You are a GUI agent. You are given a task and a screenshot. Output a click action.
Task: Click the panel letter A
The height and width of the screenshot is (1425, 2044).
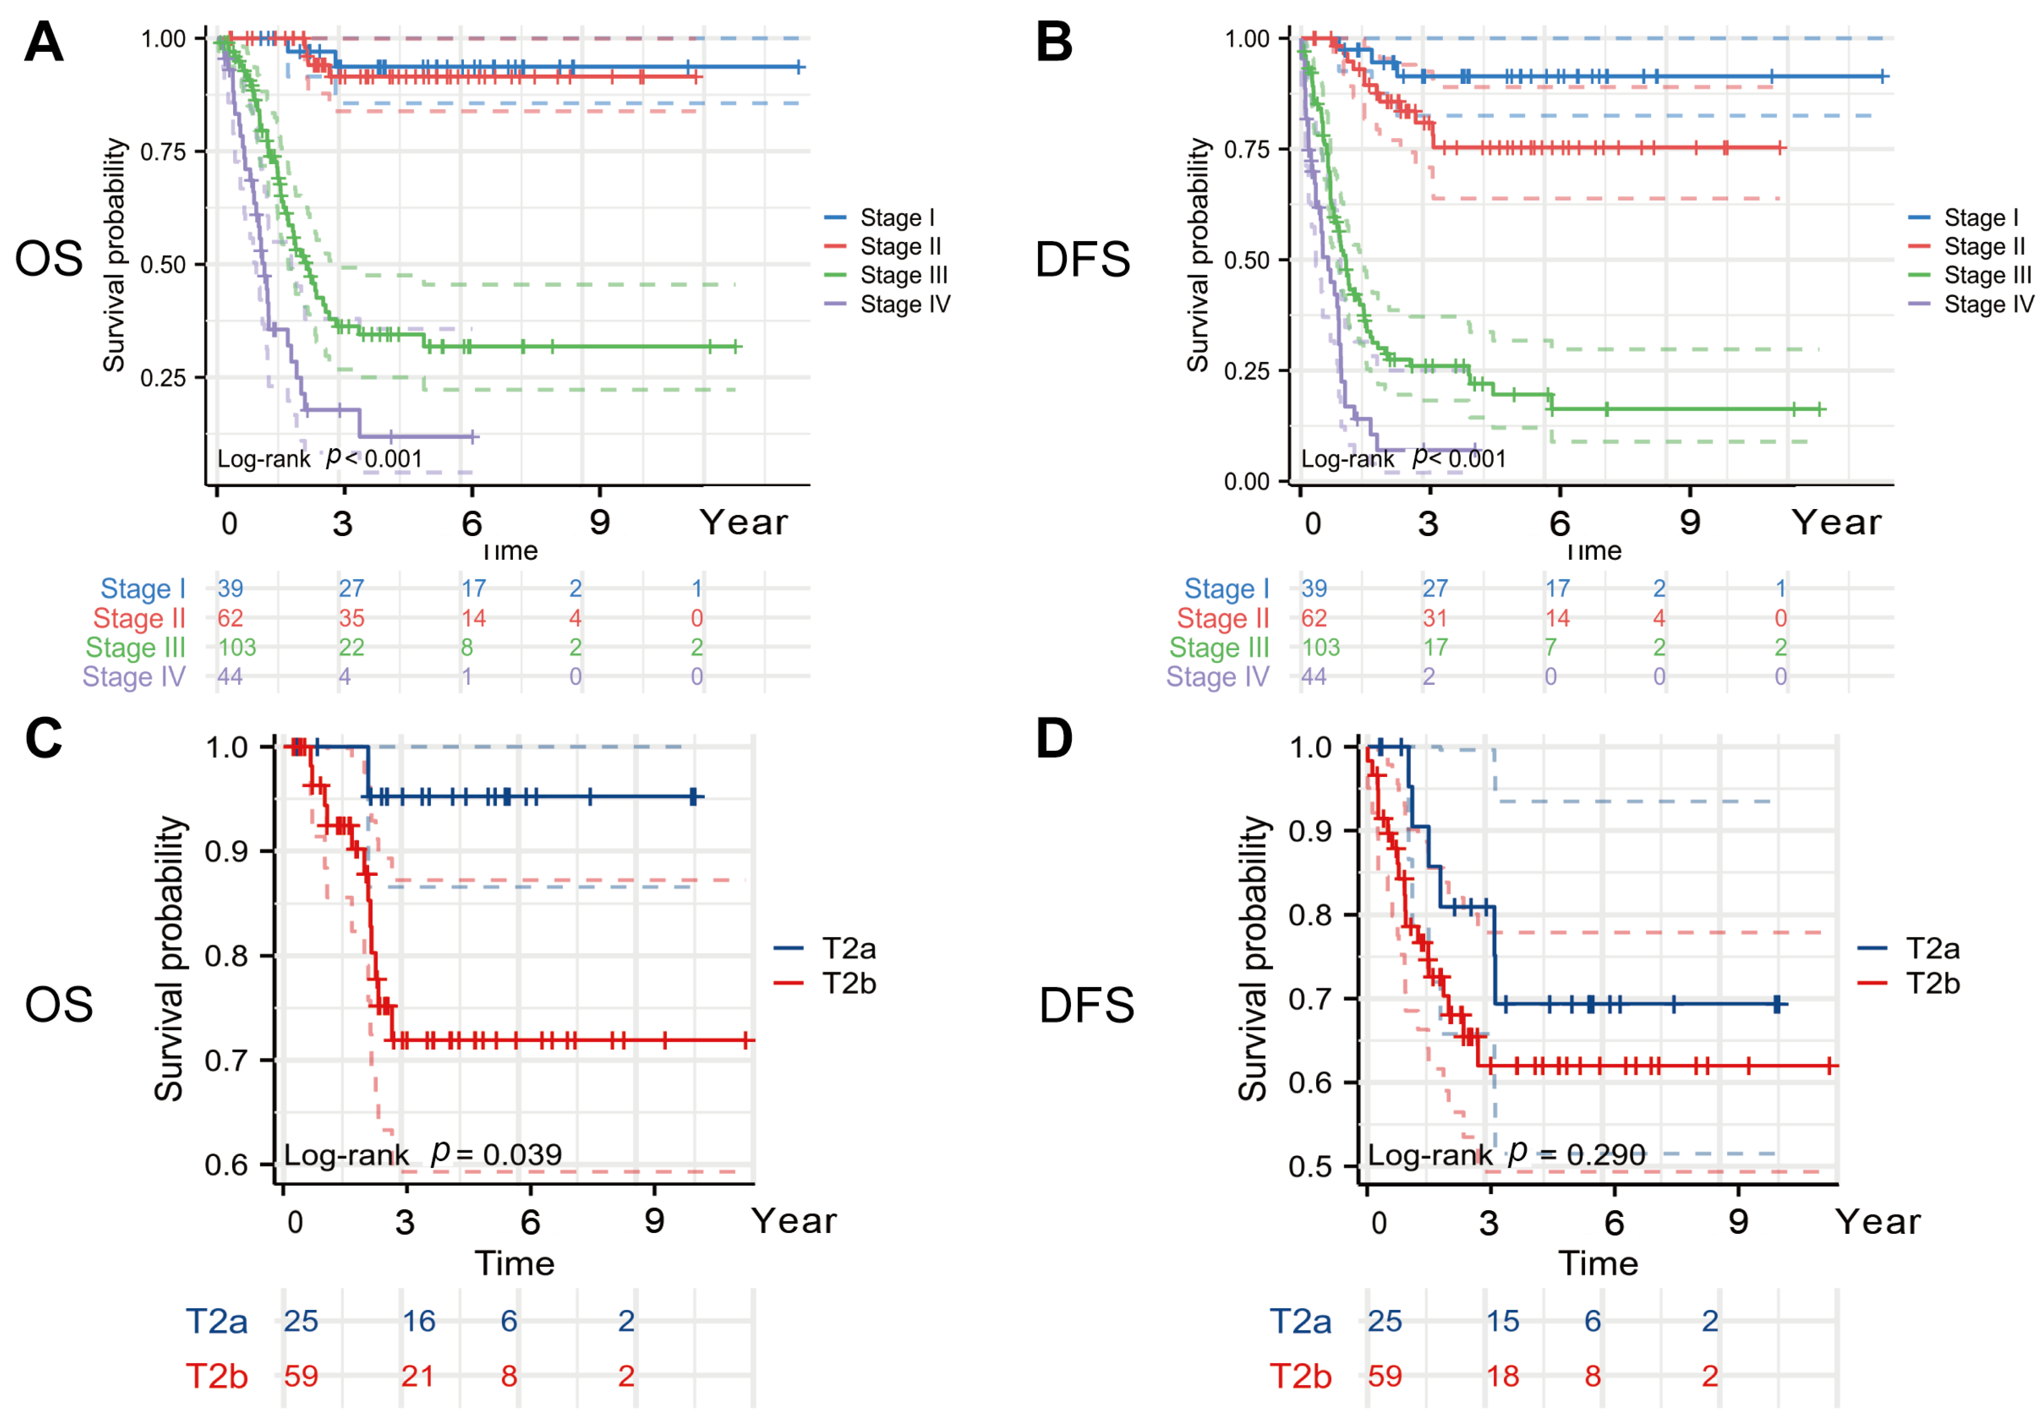44,42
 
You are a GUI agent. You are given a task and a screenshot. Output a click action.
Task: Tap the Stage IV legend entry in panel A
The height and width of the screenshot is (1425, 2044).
905,304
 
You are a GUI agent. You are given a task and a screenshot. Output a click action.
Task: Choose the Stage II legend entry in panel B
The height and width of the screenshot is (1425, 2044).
1983,247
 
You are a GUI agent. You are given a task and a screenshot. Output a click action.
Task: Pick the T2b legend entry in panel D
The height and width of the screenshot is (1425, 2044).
1932,984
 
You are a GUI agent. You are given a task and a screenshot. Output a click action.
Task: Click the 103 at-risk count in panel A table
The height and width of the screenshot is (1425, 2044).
237,647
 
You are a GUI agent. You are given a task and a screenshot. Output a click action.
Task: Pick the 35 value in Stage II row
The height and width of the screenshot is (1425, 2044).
352,618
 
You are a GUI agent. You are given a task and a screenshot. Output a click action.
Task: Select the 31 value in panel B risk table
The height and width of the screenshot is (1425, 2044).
1434,618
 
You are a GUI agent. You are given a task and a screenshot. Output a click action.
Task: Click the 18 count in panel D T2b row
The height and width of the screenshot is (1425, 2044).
1503,1376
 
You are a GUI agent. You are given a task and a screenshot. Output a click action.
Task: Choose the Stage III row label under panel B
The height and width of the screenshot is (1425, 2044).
1219,647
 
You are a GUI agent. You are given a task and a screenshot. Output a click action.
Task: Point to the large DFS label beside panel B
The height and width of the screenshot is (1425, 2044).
1083,260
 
